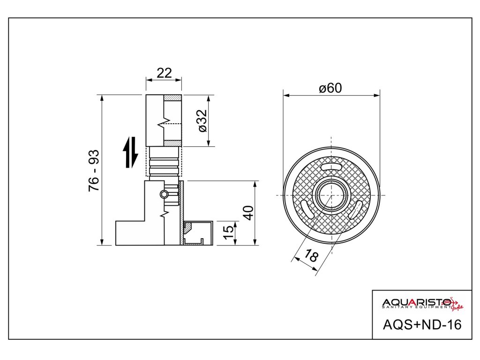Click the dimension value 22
click(x=164, y=73)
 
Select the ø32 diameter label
click(x=202, y=120)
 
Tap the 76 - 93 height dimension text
click(x=94, y=170)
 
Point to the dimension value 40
click(x=248, y=212)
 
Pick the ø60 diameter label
click(x=330, y=88)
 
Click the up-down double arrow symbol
click(x=130, y=152)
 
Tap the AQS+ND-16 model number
click(x=422, y=324)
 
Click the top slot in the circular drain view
click(x=331, y=167)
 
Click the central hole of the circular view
click(x=331, y=194)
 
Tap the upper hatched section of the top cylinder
click(x=172, y=97)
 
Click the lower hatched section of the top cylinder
click(x=172, y=142)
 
